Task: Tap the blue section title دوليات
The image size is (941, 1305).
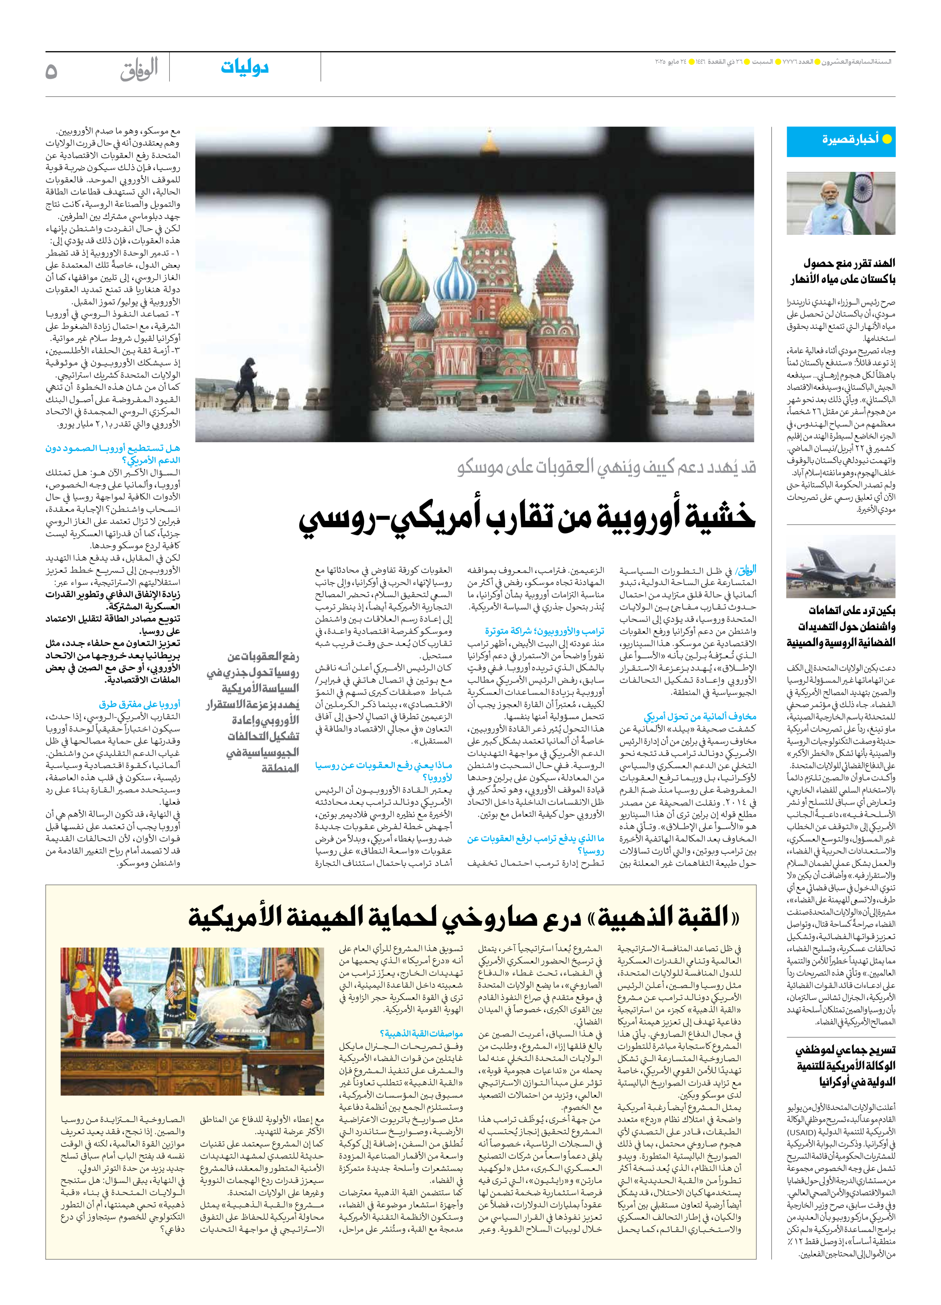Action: coord(245,68)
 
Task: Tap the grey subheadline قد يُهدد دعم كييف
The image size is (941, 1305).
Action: coord(607,467)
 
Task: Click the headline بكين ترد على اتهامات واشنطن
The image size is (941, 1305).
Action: coord(841,626)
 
